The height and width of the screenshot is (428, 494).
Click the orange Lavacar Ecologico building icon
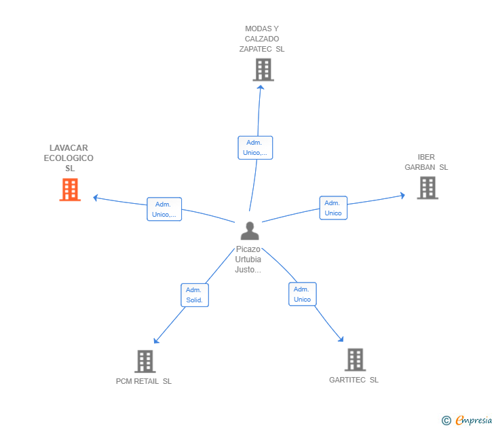70,190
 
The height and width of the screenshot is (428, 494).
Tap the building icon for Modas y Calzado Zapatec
263,70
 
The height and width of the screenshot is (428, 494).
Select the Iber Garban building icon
427,188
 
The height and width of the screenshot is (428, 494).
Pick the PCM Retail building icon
145,361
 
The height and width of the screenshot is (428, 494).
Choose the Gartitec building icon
355,359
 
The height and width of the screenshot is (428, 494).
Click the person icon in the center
250,230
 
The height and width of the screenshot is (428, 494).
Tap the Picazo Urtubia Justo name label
248,260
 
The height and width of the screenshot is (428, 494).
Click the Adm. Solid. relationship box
195,295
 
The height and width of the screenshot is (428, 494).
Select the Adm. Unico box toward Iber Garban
333,208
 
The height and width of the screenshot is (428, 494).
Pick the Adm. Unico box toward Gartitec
303,294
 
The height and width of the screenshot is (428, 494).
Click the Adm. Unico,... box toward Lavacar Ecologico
164,209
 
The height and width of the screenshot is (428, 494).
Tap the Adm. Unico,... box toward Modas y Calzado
255,147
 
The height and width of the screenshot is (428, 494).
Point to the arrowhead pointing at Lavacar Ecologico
96,198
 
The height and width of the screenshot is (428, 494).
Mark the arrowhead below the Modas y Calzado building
261,87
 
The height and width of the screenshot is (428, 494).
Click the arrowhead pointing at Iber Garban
402,195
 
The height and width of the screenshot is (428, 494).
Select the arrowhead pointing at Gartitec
341,340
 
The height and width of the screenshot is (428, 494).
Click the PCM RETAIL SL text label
144,381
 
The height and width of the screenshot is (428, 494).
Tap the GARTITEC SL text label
354,380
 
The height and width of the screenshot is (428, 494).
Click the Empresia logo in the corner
467,420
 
